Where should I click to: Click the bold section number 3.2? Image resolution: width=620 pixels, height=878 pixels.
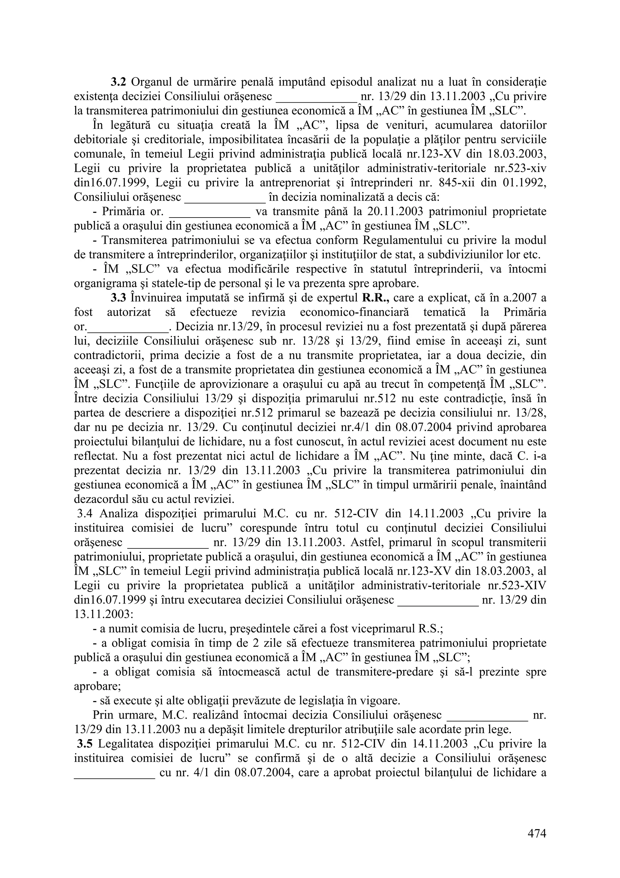point(118,82)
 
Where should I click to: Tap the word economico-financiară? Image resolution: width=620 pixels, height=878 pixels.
point(354,312)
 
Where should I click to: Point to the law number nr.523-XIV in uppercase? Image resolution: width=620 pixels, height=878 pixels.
point(518,585)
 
